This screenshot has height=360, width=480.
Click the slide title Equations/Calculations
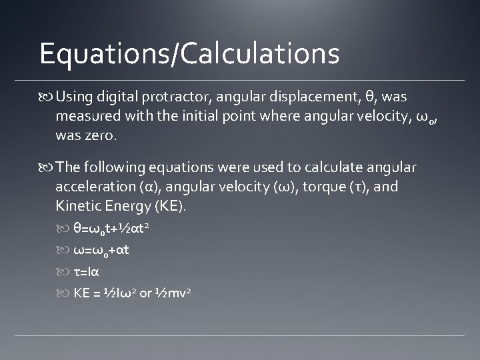point(189,53)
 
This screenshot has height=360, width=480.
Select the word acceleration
point(95,187)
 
